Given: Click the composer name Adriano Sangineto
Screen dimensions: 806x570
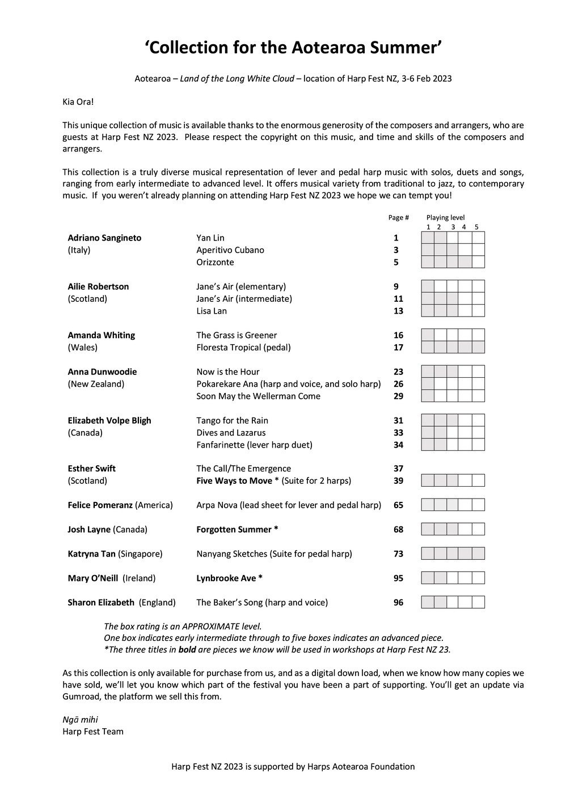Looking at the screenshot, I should click(x=104, y=238).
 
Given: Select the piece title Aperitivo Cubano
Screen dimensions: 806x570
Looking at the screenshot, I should click(x=230, y=250).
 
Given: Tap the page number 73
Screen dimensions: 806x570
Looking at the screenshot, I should click(x=398, y=554).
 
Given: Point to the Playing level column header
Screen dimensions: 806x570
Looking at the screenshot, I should click(x=445, y=218).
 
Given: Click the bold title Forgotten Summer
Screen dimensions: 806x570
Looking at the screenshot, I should click(x=237, y=529).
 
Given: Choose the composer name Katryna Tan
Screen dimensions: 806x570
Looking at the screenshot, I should click(x=91, y=554).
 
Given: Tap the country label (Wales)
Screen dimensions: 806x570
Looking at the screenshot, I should click(x=83, y=347).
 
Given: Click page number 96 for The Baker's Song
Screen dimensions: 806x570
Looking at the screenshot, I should click(x=398, y=602).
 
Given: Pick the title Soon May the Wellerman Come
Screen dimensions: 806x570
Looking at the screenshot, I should click(x=258, y=396).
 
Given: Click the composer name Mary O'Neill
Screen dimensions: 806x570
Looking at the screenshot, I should click(x=93, y=578).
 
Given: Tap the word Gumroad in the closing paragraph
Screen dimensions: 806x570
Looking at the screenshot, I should click(x=80, y=697).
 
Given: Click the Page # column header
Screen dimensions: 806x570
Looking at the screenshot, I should click(x=398, y=218).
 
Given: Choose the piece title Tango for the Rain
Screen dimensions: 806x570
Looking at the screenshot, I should click(x=232, y=420).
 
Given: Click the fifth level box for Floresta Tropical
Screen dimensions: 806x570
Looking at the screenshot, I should click(x=478, y=347).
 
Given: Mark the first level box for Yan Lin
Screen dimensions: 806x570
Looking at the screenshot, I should click(x=427, y=238).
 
